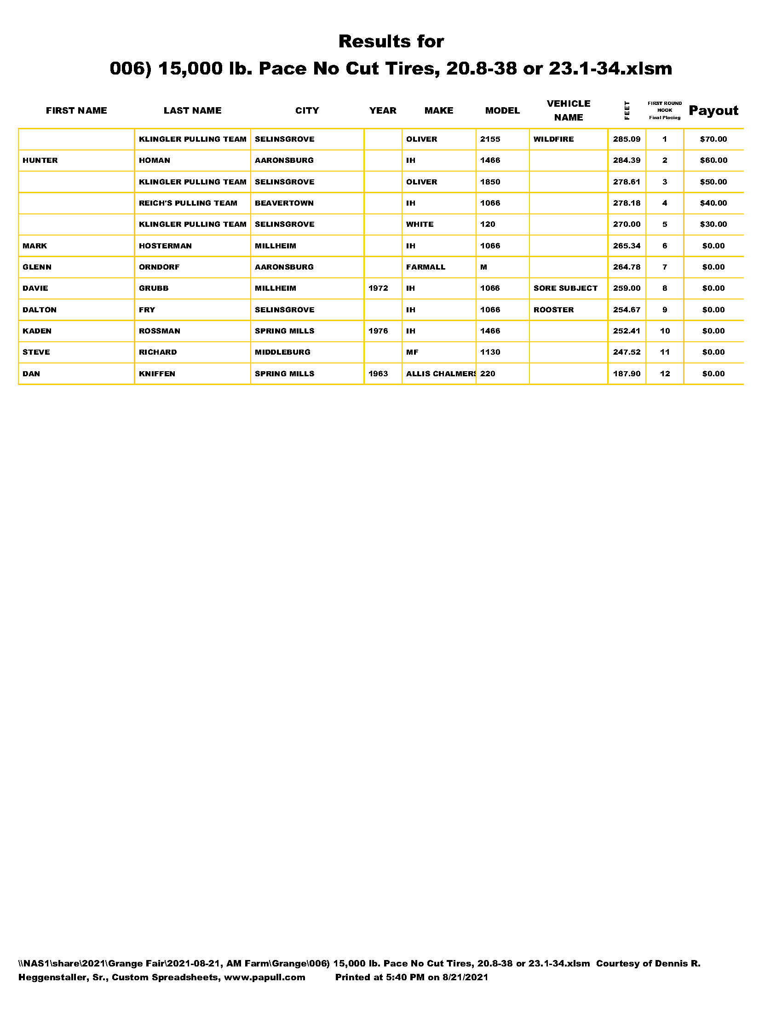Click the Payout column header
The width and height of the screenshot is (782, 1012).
pos(713,110)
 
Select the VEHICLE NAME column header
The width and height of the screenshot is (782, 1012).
pos(568,110)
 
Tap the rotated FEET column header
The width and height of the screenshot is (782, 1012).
pos(627,110)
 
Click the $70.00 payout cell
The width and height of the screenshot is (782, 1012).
pos(713,139)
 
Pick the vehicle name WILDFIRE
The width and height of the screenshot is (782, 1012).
pos(553,139)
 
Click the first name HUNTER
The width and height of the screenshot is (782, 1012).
pos(40,161)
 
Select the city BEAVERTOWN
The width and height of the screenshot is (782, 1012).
pos(284,203)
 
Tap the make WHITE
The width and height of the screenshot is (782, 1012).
pos(420,224)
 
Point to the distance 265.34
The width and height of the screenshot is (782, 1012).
pos(627,246)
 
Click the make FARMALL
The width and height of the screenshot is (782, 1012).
pos(425,267)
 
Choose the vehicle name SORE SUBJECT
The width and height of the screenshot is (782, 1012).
pos(565,288)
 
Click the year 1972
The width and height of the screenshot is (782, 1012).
pos(378,288)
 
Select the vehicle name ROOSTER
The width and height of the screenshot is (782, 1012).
pos(553,310)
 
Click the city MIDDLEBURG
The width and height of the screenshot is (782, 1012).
pos(282,352)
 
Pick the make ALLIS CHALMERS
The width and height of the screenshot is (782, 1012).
pos(440,374)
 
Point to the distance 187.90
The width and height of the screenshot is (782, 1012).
pos(627,374)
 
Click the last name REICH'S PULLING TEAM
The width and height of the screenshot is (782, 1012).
pos(188,203)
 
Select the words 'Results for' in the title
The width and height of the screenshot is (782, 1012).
pos(391,41)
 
